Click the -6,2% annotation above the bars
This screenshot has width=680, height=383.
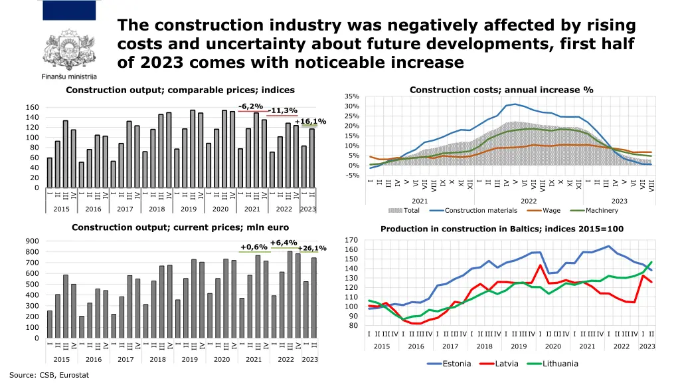tap(251, 106)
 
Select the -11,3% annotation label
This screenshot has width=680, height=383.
tap(284, 111)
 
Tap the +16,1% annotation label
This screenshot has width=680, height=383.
tap(310, 121)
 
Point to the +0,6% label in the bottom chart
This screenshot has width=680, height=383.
tap(254, 247)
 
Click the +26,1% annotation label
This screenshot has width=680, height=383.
tap(312, 248)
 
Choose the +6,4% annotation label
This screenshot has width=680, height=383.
tap(284, 243)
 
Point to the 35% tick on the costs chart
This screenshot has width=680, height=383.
tap(352, 96)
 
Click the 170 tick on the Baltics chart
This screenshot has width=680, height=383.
tap(352, 240)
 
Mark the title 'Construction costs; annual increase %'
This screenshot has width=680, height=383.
tap(501, 90)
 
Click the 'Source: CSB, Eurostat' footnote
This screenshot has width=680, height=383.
tap(49, 375)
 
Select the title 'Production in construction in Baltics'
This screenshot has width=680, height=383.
tap(502, 229)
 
